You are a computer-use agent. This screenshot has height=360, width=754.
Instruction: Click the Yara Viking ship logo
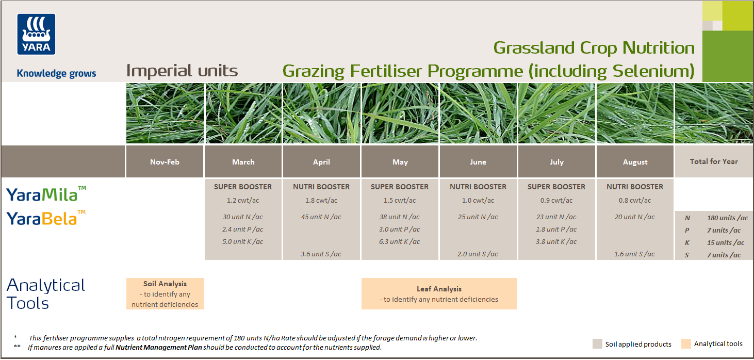pos(36,34)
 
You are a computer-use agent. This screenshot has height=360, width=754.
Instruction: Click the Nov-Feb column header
pos(165,162)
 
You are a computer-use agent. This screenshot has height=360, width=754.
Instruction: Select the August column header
pos(635,162)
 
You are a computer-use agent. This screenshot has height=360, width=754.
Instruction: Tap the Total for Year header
pos(714,161)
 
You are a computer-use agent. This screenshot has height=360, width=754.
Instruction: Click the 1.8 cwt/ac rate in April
pos(321,200)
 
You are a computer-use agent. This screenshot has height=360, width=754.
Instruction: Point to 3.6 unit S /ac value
pos(321,254)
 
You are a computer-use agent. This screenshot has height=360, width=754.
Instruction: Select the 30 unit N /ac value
pos(243,217)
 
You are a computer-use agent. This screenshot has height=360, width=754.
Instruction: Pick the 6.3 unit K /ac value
pos(400,241)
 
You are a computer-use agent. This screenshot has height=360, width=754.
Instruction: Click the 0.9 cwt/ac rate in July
pos(556,200)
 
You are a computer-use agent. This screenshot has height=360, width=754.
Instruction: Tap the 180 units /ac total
pos(727,218)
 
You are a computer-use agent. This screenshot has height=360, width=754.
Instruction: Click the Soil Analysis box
pos(165,293)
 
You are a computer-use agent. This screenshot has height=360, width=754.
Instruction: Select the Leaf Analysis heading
pos(439,289)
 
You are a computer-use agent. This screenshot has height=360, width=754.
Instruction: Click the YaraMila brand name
pos(42,194)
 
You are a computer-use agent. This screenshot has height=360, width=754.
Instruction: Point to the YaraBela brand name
pos(42,219)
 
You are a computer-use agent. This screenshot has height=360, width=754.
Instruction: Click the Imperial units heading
pos(182,71)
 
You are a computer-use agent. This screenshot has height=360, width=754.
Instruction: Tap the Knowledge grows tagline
pos(56,73)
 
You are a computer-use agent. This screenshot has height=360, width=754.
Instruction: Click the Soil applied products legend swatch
pos(597,344)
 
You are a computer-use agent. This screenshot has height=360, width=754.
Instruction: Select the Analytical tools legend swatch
pos(686,344)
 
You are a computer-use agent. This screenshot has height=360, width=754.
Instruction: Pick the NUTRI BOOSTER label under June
pos(478,187)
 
